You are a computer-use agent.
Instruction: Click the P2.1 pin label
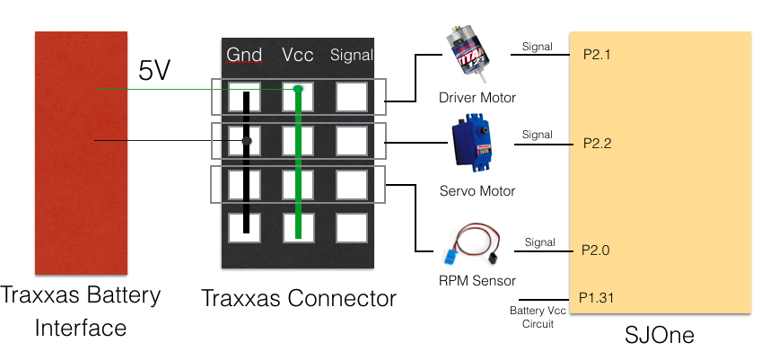pyautogui.click(x=597, y=55)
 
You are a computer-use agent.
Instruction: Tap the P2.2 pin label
pyautogui.click(x=598, y=144)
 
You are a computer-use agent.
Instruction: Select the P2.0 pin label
pyautogui.click(x=596, y=250)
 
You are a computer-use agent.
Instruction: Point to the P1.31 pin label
pyautogui.click(x=596, y=297)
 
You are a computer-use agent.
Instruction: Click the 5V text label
pyautogui.click(x=154, y=71)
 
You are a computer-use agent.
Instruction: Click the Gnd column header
pyautogui.click(x=245, y=55)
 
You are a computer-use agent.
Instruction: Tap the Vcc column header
pyautogui.click(x=298, y=55)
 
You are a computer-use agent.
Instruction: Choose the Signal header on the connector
pyautogui.click(x=352, y=55)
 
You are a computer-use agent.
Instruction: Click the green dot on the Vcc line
pyautogui.click(x=298, y=89)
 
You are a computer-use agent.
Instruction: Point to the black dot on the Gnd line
pyautogui.click(x=247, y=141)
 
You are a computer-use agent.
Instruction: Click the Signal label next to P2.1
pyautogui.click(x=538, y=47)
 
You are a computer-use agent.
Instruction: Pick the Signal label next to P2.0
pyautogui.click(x=540, y=241)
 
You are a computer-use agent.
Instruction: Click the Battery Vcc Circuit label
pyautogui.click(x=538, y=317)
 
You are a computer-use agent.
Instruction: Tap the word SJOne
pyautogui.click(x=659, y=335)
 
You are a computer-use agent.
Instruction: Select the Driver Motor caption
pyautogui.click(x=477, y=97)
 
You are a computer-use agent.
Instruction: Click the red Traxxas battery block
pyautogui.click(x=81, y=153)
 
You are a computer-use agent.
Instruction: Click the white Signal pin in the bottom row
pyautogui.click(x=352, y=228)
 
